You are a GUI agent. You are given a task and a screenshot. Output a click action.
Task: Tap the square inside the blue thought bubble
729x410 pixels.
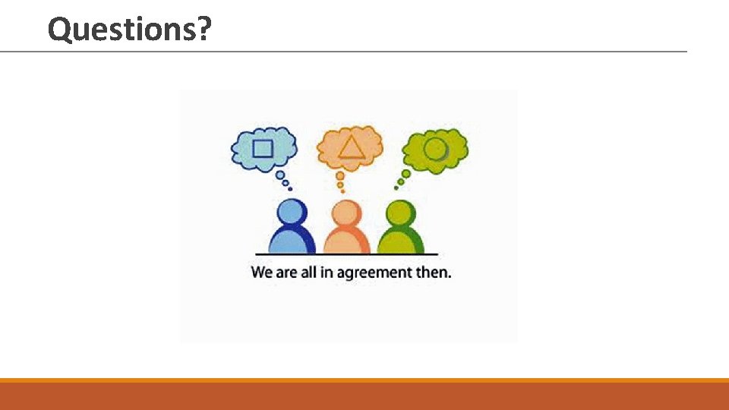[x=263, y=147]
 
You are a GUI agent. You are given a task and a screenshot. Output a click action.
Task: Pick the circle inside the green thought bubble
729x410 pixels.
[x=436, y=147]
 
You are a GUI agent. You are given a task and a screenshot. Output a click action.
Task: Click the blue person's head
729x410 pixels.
[x=292, y=213]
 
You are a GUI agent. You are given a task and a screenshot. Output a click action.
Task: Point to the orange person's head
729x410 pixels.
[x=345, y=213]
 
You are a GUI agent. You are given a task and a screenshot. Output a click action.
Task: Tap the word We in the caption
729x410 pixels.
[x=262, y=272]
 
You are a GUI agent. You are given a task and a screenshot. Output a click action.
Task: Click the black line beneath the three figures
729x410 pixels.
[x=346, y=254]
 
